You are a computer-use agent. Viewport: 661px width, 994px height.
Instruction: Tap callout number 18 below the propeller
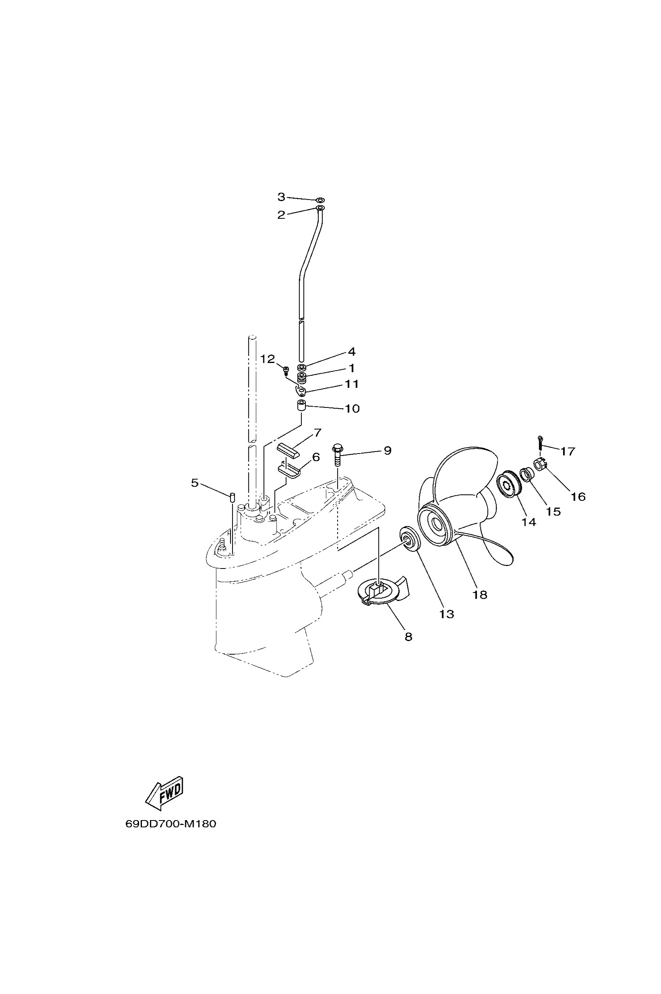(x=480, y=595)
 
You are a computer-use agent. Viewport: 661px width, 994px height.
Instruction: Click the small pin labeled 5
(x=231, y=497)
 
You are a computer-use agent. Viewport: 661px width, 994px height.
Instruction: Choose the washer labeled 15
(x=527, y=474)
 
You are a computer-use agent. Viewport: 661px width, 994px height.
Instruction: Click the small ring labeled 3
(x=320, y=199)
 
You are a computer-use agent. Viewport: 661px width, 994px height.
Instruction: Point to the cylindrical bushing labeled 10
(x=300, y=407)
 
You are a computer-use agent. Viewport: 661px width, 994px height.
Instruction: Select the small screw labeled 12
(x=286, y=370)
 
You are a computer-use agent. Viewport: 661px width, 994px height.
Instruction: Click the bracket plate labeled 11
(x=301, y=391)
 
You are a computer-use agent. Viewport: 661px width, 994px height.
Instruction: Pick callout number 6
(x=316, y=457)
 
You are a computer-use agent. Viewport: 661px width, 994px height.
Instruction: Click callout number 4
(x=352, y=351)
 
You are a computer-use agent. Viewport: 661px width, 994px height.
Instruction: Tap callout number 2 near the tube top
(x=281, y=215)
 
